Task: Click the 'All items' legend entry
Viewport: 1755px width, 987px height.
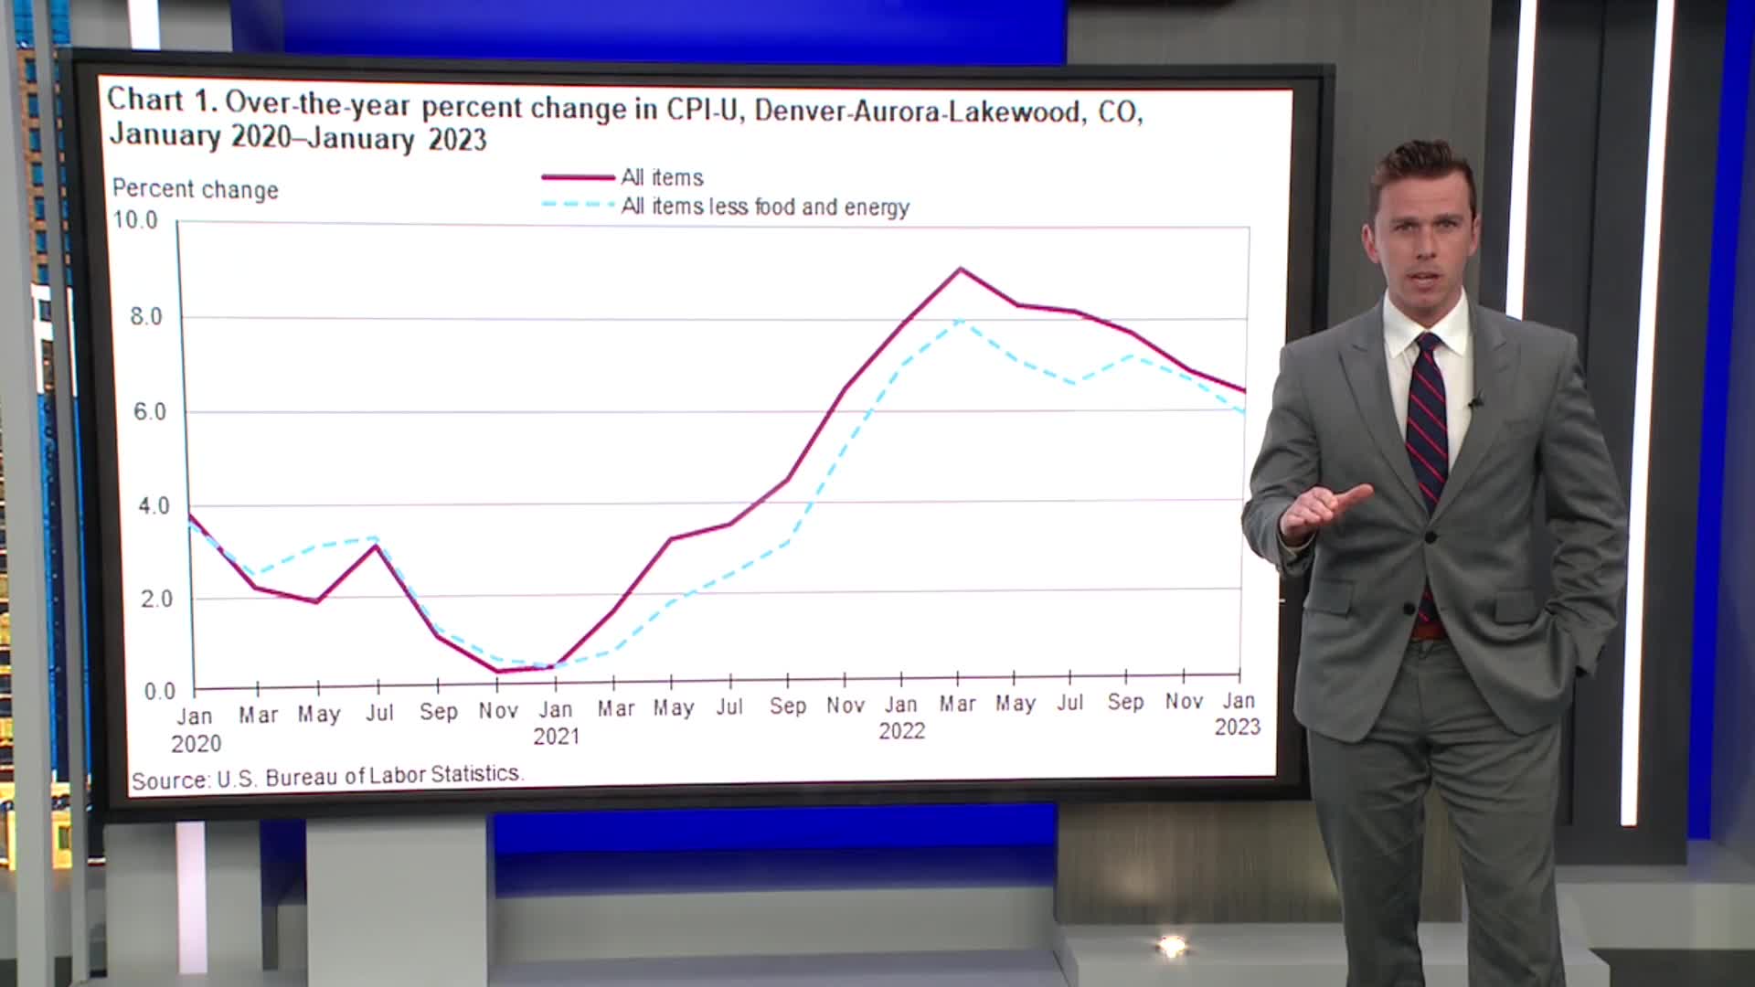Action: (662, 177)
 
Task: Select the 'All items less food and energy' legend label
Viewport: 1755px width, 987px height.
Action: (764, 207)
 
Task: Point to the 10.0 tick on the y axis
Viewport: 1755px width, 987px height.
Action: (134, 220)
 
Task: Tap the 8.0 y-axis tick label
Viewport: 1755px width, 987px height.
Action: (145, 317)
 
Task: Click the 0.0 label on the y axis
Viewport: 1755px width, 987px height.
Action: (159, 692)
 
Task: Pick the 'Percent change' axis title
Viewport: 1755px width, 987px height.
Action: (195, 190)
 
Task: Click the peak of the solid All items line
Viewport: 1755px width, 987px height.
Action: (960, 269)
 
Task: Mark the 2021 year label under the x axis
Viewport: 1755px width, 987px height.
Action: (556, 737)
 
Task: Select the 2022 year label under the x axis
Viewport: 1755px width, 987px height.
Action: (901, 731)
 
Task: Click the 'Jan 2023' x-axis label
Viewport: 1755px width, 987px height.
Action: (1238, 714)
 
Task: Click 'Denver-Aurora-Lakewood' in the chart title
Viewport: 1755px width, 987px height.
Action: (917, 111)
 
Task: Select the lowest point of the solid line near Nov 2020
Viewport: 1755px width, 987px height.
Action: (498, 672)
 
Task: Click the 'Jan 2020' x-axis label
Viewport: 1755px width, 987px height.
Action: (195, 729)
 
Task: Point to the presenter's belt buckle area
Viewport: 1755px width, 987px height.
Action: (1427, 631)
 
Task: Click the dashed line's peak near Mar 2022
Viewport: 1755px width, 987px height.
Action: (960, 321)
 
